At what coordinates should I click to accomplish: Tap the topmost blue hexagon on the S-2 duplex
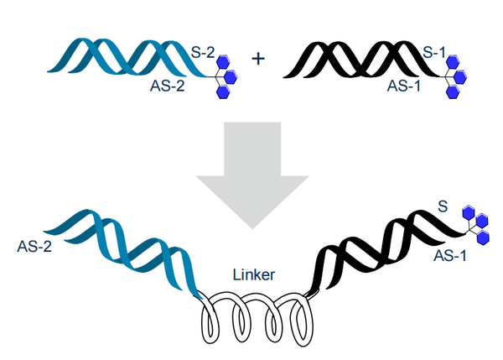click(222, 61)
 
